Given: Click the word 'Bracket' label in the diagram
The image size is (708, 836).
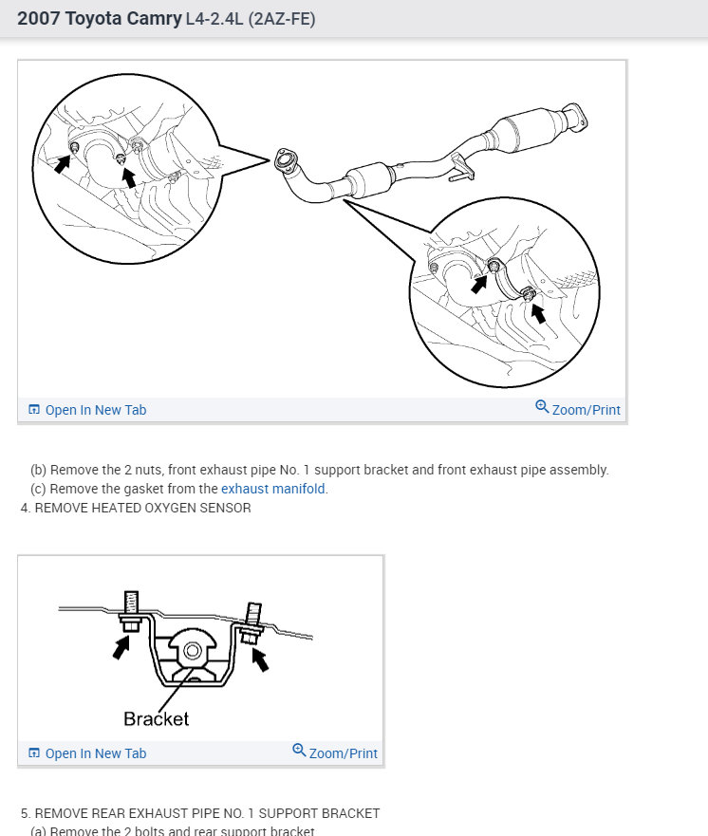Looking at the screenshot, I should pos(157,718).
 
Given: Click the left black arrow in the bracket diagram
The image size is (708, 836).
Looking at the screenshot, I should pos(121,648).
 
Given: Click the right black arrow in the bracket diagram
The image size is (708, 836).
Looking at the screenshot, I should pos(260,660).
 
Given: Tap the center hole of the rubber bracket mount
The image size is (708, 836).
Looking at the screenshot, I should pos(191,650).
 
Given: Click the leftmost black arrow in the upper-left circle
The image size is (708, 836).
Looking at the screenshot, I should pos(62,163).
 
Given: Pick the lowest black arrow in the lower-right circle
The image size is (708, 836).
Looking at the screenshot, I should pos(538,313).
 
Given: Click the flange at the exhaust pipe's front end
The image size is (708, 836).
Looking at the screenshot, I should pos(283,161).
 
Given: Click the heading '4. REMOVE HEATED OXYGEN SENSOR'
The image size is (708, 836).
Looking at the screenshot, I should pos(136,508).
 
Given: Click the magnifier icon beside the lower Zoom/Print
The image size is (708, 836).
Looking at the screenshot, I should pos(299,751).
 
